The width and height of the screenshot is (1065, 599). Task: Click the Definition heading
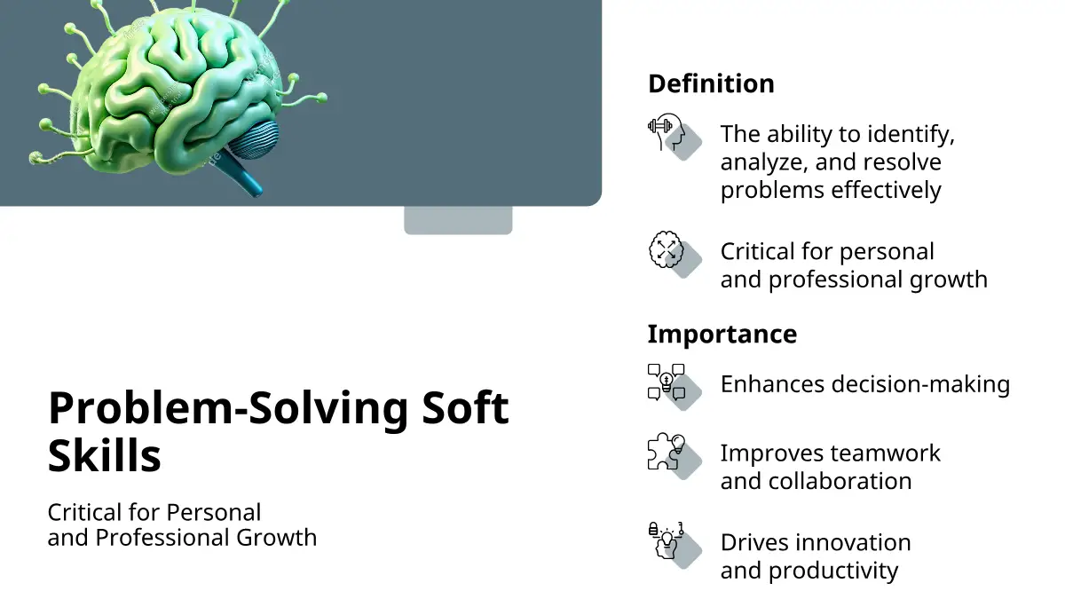[711, 83]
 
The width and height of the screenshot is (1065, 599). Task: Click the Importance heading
[722, 334]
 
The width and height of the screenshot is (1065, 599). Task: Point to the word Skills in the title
[105, 455]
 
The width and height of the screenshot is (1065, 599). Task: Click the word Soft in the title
[465, 407]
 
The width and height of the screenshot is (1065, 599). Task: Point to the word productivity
[833, 571]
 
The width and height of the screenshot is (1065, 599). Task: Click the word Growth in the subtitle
[276, 538]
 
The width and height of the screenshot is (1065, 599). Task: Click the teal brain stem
[241, 175]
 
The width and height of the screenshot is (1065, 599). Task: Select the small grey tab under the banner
[458, 220]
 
